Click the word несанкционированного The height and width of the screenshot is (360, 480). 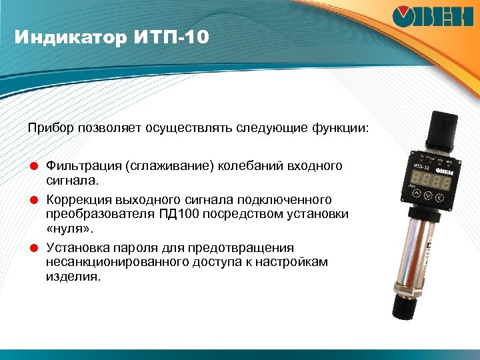click(x=113, y=262)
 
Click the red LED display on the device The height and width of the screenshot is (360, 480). click(x=428, y=181)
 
